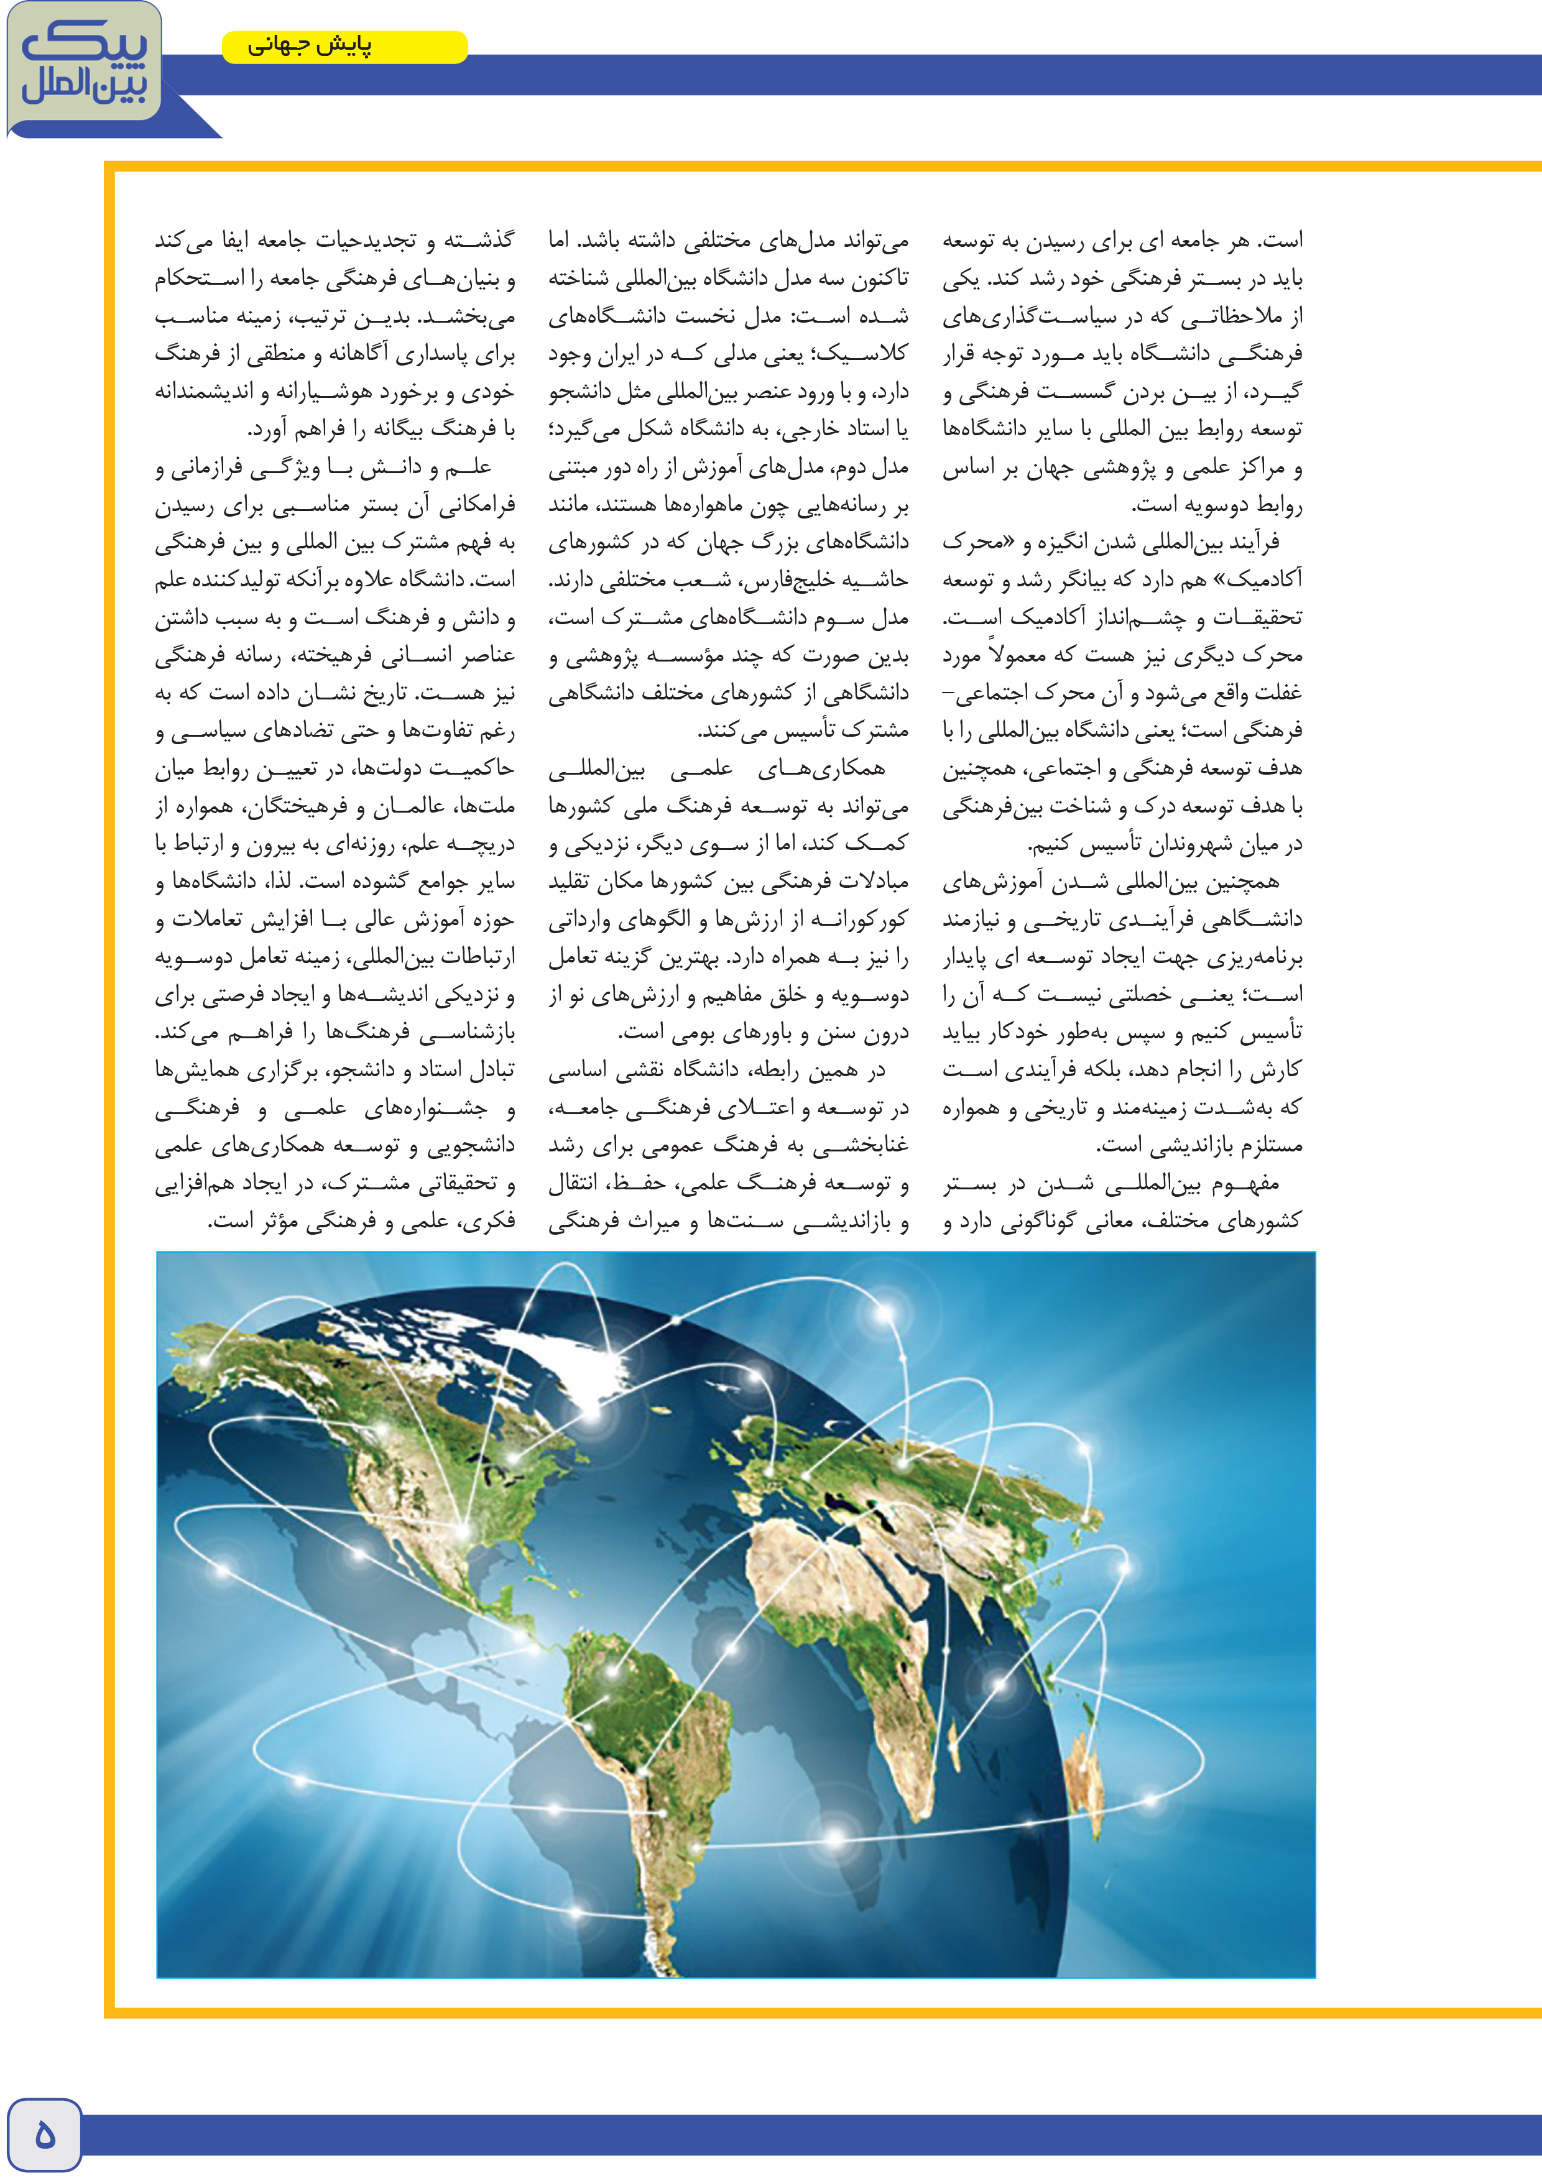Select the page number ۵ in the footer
point(44,2134)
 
